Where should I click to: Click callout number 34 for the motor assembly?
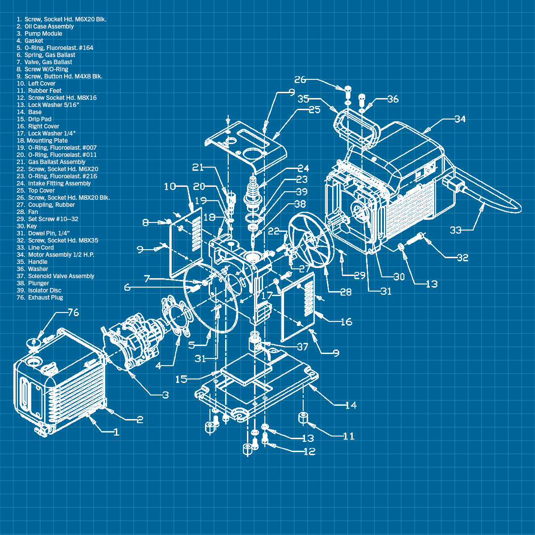460,119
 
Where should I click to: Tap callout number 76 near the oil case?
73,313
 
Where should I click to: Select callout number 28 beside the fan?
346,292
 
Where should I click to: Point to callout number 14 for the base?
351,405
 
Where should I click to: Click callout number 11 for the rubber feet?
348,436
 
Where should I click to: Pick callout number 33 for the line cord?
455,230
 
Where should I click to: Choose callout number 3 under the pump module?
165,395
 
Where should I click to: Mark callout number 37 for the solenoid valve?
302,346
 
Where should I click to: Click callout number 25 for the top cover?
314,110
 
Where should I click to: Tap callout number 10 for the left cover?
170,186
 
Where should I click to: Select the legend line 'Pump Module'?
43,33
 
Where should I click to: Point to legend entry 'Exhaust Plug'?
45,297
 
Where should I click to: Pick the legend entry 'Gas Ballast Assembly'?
56,162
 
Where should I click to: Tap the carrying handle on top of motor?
357,127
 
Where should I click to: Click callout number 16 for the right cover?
346,321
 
